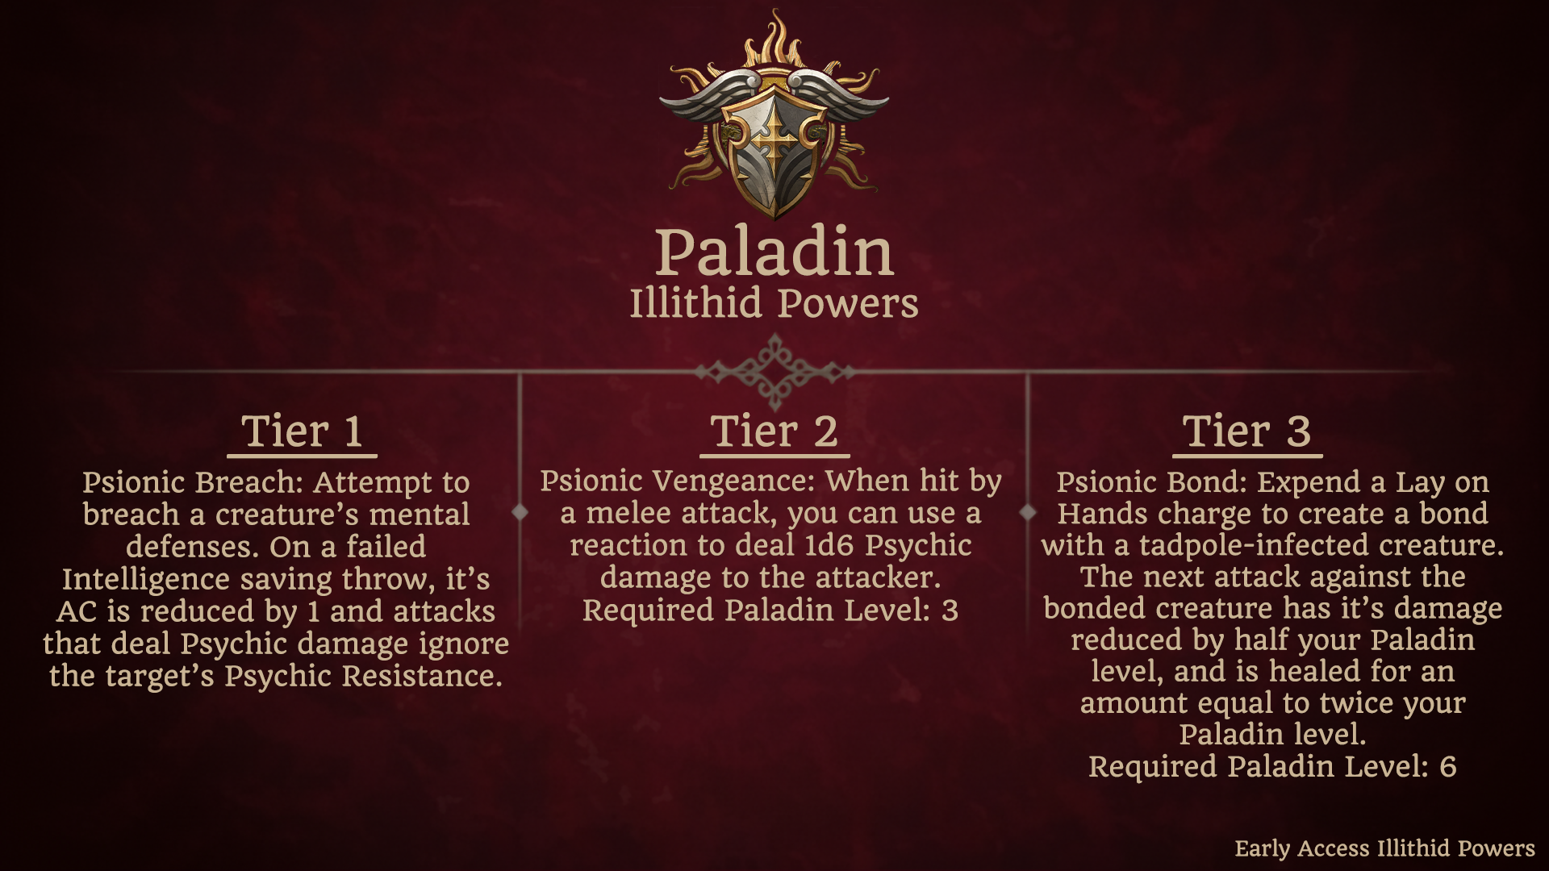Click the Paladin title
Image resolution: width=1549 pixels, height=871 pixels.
click(x=774, y=252)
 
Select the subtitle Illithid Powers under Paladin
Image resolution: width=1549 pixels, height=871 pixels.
click(x=774, y=304)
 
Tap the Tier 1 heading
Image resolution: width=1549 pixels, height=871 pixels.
click(x=302, y=431)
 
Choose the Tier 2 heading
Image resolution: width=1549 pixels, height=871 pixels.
click(x=774, y=431)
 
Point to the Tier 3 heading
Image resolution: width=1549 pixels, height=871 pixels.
click(x=1246, y=431)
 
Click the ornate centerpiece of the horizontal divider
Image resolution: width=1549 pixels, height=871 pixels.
click(x=774, y=372)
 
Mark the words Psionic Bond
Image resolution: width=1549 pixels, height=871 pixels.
click(x=1151, y=482)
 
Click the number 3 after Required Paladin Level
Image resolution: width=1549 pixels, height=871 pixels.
click(x=950, y=611)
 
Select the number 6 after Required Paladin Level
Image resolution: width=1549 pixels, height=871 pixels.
click(x=1447, y=767)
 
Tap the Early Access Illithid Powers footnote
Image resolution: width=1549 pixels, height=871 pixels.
click(x=1384, y=848)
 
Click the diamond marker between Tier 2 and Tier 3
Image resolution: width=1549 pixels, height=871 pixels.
click(x=1028, y=511)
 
